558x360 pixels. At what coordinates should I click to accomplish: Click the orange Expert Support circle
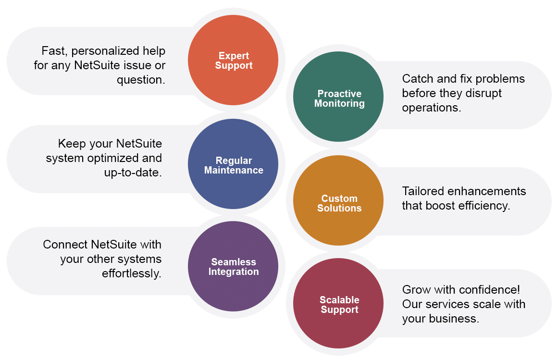click(x=233, y=60)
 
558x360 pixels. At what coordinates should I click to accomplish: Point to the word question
click(x=141, y=80)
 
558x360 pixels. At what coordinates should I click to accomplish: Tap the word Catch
click(x=417, y=79)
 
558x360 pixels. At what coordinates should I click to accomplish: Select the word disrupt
click(x=483, y=93)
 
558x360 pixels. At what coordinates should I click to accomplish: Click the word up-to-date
click(x=133, y=173)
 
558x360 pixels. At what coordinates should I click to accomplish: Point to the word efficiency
click(x=483, y=206)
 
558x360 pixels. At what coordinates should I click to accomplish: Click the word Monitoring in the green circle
click(x=339, y=103)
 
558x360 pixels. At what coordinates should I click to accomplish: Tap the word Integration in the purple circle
click(x=234, y=272)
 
